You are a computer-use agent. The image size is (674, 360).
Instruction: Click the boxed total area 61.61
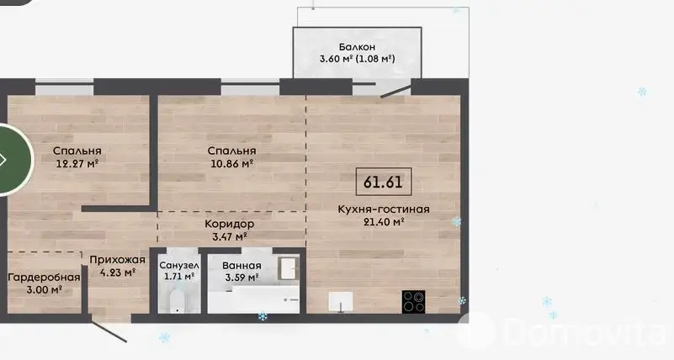[x=384, y=182]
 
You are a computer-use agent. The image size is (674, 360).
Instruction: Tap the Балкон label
[x=357, y=47]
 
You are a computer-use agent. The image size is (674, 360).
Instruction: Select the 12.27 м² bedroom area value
[x=77, y=164]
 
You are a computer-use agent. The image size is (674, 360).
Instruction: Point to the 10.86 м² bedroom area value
[x=231, y=164]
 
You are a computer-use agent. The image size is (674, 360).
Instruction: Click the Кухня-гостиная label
[x=384, y=209]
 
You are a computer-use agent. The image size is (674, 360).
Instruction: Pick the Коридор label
[x=229, y=224]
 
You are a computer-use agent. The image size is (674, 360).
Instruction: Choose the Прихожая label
[x=117, y=260]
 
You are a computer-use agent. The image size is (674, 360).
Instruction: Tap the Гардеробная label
[x=45, y=277]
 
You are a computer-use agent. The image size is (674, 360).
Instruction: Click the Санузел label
[x=179, y=266]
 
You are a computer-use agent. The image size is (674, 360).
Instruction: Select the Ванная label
[x=241, y=266]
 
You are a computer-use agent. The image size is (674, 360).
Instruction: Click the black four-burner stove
[x=413, y=302]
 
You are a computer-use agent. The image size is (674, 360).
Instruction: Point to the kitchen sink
[x=341, y=301]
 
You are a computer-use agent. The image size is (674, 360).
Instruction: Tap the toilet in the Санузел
[x=177, y=301]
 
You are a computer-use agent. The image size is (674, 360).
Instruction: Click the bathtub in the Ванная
[x=253, y=299]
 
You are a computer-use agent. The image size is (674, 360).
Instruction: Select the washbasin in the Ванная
[x=288, y=268]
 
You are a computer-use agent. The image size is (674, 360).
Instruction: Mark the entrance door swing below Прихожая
[x=109, y=331]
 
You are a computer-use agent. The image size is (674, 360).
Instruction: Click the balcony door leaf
[x=395, y=92]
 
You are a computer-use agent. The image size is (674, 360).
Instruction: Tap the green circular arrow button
[x=13, y=160]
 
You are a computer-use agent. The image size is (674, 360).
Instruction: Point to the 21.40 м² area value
[x=384, y=222]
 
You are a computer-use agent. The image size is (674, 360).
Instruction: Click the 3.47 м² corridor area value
[x=229, y=236]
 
